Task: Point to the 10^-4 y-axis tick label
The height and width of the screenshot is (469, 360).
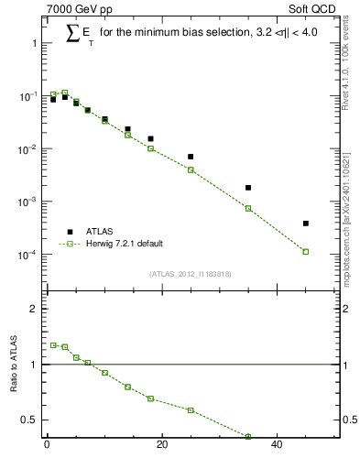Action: coord(27,255)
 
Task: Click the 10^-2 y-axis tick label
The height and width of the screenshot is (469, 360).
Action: coord(27,149)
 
